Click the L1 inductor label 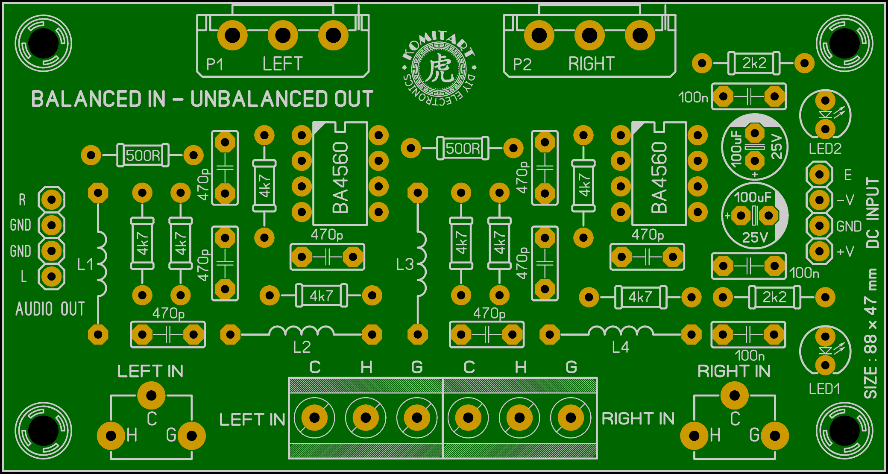click(x=85, y=264)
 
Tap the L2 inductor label click(x=302, y=347)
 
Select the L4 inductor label click(x=621, y=347)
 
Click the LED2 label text click(x=825, y=149)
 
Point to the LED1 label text click(x=824, y=389)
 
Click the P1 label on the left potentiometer click(x=214, y=64)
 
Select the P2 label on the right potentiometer click(x=522, y=64)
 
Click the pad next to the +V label click(x=819, y=251)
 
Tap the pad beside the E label click(x=819, y=174)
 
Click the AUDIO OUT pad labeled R click(x=51, y=199)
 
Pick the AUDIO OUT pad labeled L click(x=51, y=276)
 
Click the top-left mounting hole click(x=43, y=44)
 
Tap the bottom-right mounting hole click(x=844, y=430)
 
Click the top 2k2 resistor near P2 click(x=753, y=63)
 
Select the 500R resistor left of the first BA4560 click(x=142, y=155)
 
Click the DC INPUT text click(x=873, y=213)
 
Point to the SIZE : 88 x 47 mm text click(x=871, y=334)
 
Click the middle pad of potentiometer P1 click(x=283, y=35)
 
